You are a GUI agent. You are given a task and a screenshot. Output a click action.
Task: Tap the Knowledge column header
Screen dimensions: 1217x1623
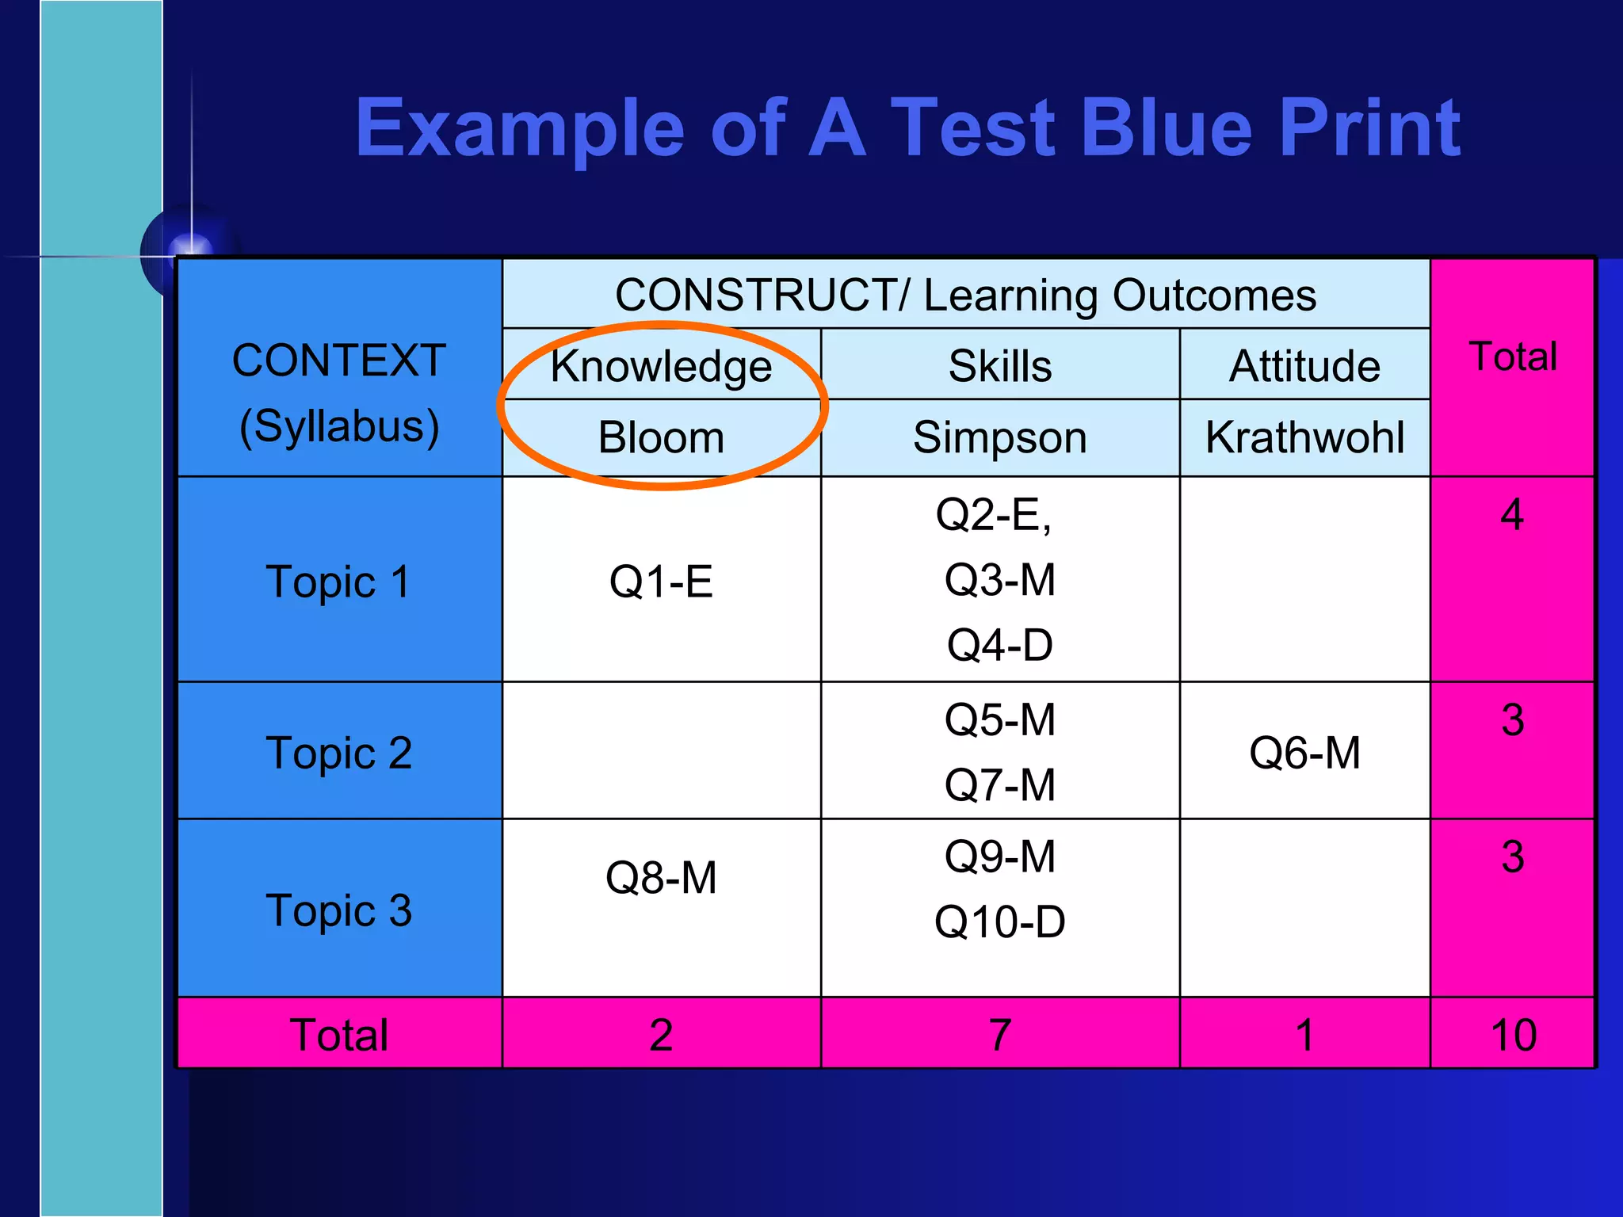point(661,366)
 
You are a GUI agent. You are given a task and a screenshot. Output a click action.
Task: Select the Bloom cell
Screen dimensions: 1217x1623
point(661,437)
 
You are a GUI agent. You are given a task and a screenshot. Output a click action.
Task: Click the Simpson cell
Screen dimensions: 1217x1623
point(999,437)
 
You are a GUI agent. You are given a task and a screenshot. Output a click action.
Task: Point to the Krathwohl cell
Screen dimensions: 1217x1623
point(1304,437)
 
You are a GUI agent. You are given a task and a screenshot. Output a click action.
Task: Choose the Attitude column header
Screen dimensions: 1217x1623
point(1304,366)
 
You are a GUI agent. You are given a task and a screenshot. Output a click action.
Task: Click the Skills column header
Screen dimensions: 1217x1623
point(999,366)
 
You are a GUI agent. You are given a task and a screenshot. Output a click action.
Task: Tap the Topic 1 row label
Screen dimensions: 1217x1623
point(338,582)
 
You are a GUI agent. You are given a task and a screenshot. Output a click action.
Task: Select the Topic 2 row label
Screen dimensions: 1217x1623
point(338,753)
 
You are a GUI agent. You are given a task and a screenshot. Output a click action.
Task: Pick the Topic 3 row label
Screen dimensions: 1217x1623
point(338,910)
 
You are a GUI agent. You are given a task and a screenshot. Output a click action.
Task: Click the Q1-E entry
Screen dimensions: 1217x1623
point(661,582)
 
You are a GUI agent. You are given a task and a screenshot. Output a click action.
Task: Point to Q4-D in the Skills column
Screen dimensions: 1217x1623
point(999,645)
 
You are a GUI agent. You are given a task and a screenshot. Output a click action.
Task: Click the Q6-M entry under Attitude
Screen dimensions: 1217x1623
point(1304,753)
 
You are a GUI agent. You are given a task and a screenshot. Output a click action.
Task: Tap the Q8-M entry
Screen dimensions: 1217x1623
point(661,878)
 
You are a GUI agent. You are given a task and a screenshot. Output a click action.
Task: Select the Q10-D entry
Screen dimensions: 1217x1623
point(999,922)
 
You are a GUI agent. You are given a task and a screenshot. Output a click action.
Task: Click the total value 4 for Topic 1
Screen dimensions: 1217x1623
point(1512,515)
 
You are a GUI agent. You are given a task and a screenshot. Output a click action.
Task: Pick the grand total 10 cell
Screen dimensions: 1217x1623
point(1513,1035)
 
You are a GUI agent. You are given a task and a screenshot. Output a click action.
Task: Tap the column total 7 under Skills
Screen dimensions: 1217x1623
point(999,1035)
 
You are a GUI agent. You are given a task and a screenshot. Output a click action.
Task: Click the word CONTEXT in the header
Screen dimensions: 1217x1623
point(338,361)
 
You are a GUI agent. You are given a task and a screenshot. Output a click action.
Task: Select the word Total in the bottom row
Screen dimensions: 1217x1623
point(338,1035)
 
